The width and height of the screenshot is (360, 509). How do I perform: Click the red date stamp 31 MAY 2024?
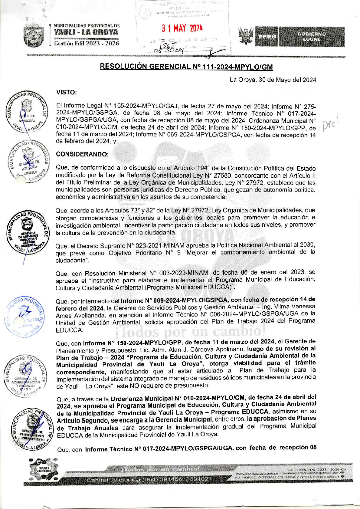pos(182,28)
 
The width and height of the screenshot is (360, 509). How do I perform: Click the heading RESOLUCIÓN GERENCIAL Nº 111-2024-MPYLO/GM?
pos(186,67)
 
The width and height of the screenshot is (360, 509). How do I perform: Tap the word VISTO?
pos(67,92)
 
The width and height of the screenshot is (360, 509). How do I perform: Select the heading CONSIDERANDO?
pos(82,154)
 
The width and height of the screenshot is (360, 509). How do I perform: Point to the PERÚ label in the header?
pos(267,37)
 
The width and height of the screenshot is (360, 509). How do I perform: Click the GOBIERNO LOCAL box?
pos(311,37)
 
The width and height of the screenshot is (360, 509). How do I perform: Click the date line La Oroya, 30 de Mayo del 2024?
pos(273,80)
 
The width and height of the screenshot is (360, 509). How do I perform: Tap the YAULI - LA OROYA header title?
pos(86,32)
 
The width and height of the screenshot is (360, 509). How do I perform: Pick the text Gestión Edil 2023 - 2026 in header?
pos(87,43)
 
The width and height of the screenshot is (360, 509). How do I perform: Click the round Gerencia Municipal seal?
pos(27,112)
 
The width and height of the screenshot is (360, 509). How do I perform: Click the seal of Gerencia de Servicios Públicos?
pos(28,235)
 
